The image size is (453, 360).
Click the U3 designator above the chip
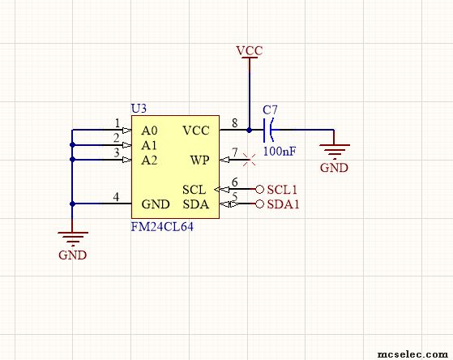(x=139, y=109)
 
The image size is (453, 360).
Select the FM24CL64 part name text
(x=162, y=227)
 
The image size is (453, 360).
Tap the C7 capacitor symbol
(x=269, y=130)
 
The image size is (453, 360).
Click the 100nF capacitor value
(x=280, y=151)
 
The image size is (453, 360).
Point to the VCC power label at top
(x=250, y=50)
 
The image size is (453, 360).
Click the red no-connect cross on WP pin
(x=249, y=160)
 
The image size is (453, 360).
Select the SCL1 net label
(x=282, y=190)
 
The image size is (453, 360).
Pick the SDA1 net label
(x=283, y=204)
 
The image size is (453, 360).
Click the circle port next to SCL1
(x=259, y=190)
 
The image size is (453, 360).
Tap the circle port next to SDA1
(x=259, y=204)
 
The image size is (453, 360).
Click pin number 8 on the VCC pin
(x=234, y=123)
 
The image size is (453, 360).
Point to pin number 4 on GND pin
(x=116, y=197)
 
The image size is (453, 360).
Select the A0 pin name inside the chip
(x=149, y=131)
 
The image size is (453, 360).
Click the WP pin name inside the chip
(x=199, y=160)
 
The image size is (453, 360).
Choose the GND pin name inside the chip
(x=156, y=204)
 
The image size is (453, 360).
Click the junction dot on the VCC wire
(x=249, y=130)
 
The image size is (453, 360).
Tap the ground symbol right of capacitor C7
(x=335, y=151)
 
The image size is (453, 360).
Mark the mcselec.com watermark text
(x=412, y=354)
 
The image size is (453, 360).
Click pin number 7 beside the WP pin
(x=234, y=152)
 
